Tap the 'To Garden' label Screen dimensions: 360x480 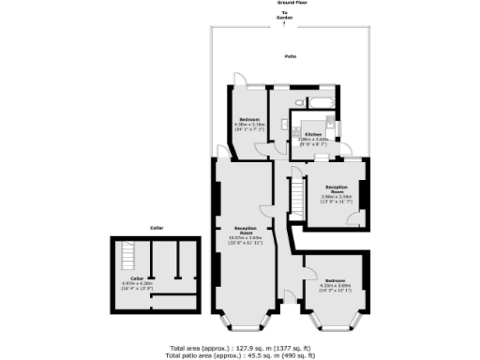pyautogui.click(x=282, y=15)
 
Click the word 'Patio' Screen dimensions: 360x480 pyautogui.click(x=292, y=57)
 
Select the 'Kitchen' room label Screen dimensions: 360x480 pyautogui.click(x=312, y=134)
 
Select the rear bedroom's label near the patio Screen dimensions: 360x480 pyautogui.click(x=248, y=119)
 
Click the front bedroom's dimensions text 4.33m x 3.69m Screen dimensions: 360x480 pyautogui.click(x=336, y=286)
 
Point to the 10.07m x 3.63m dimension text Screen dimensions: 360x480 pyautogui.click(x=247, y=238)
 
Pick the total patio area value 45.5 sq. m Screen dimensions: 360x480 pyautogui.click(x=254, y=355)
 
